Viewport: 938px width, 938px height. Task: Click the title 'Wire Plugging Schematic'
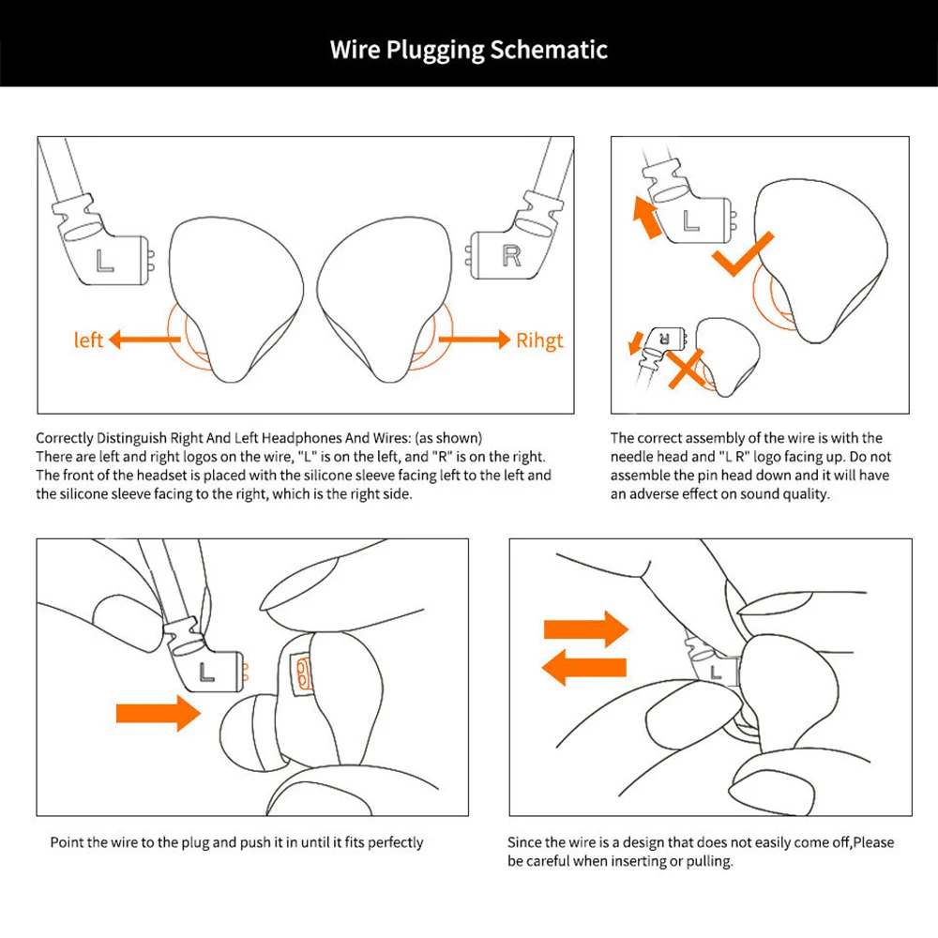pyautogui.click(x=469, y=49)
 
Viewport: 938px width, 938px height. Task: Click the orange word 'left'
pyautogui.click(x=88, y=340)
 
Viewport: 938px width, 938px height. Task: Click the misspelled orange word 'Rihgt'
pyautogui.click(x=540, y=340)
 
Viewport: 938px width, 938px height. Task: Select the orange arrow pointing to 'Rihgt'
pyautogui.click(x=474, y=339)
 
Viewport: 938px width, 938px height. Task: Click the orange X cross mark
pyautogui.click(x=688, y=368)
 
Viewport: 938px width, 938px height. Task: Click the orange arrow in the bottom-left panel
pyautogui.click(x=158, y=714)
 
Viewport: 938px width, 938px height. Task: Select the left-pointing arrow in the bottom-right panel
pyautogui.click(x=583, y=670)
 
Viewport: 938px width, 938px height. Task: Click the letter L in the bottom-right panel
pyautogui.click(x=718, y=671)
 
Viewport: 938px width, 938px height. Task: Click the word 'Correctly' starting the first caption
pyautogui.click(x=65, y=438)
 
